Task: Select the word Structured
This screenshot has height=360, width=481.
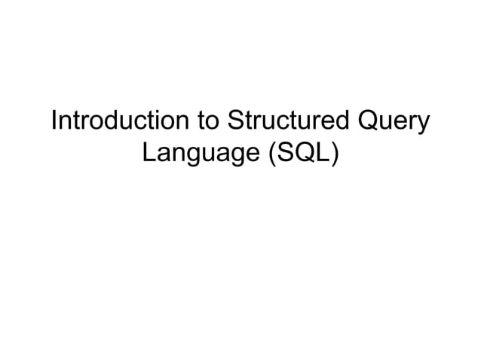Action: click(x=288, y=121)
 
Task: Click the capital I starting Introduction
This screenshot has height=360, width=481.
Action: click(x=53, y=121)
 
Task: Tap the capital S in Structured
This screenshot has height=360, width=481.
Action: click(x=233, y=121)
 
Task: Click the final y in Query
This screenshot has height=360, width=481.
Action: click(x=424, y=125)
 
